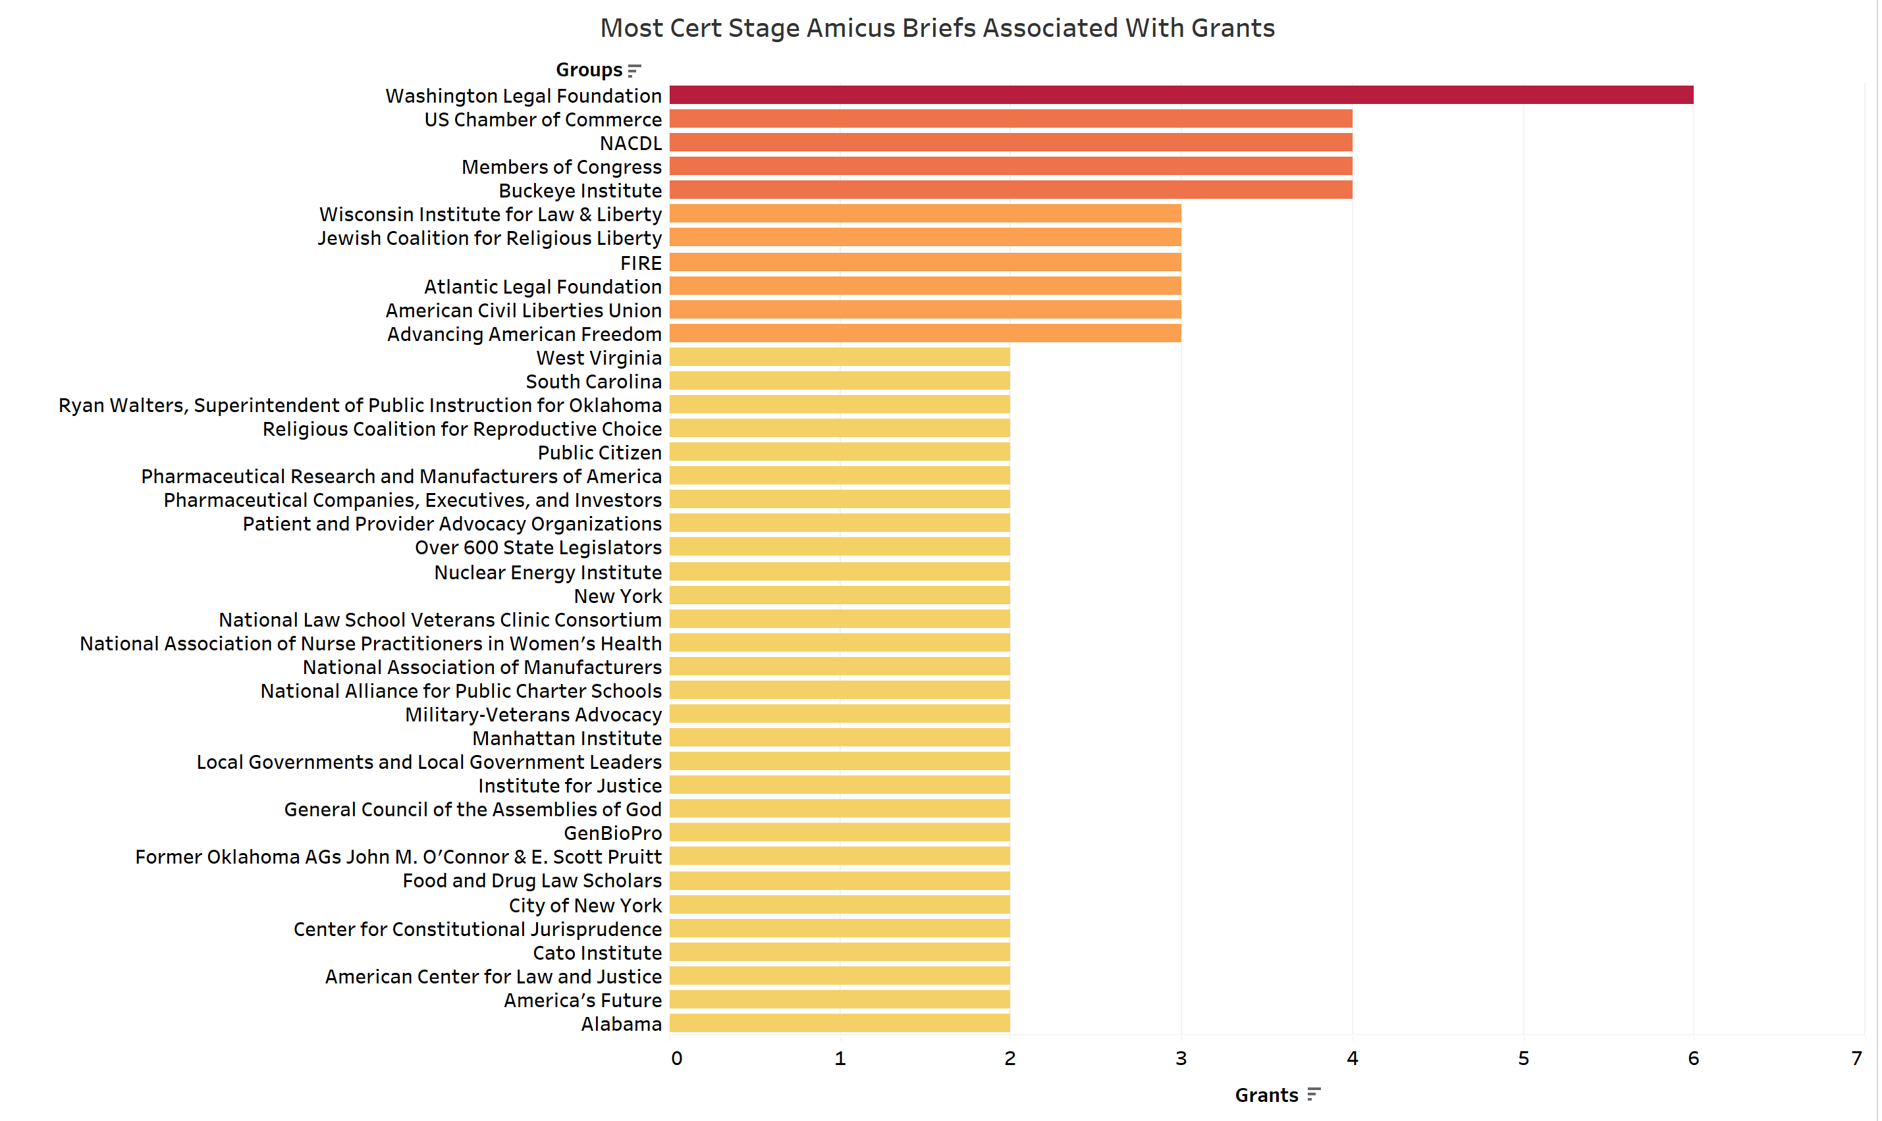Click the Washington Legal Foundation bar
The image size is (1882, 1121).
(1181, 95)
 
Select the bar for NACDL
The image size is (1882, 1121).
(1010, 143)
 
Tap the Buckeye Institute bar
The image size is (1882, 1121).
(1010, 190)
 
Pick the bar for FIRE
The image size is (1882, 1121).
(925, 262)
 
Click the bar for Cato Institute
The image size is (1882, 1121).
(840, 952)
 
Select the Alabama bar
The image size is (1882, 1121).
(840, 1024)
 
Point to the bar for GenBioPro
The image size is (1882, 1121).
(840, 833)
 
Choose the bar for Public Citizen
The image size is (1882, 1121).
(840, 452)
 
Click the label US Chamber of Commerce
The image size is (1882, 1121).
(543, 119)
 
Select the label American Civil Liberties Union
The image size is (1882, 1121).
(524, 311)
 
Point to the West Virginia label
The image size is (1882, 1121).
(599, 358)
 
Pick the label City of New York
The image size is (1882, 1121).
(585, 905)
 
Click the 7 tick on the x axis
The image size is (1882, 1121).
(1856, 1058)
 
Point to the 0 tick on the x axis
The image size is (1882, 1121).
(676, 1058)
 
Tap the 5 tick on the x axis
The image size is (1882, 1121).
(1523, 1058)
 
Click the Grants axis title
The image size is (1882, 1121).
(1266, 1095)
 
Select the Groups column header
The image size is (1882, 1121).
(589, 70)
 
